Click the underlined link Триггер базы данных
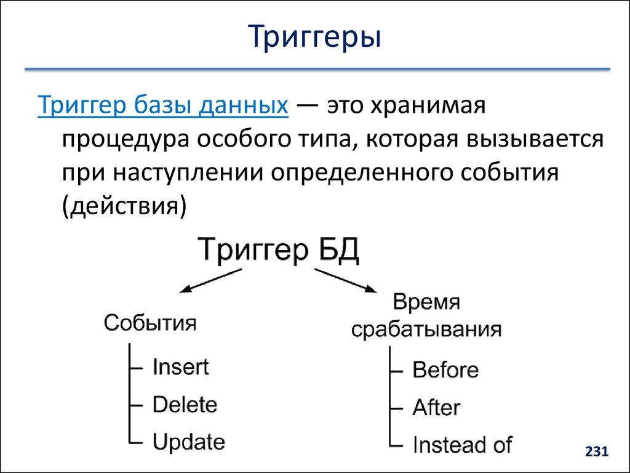[163, 105]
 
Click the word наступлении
[185, 172]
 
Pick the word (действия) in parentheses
[122, 205]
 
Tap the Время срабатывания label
[426, 316]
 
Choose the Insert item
[180, 368]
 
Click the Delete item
[185, 405]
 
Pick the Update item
[188, 442]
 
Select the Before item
[446, 370]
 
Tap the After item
[436, 407]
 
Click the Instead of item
[461, 444]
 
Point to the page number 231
[596, 452]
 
